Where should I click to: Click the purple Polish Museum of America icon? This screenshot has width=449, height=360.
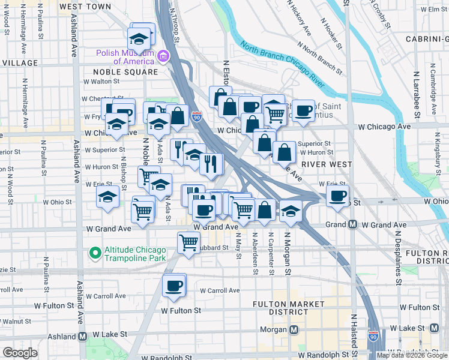click(x=163, y=56)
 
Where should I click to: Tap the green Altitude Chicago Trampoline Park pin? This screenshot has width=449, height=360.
click(x=94, y=253)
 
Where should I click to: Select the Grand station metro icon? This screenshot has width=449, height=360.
click(x=353, y=224)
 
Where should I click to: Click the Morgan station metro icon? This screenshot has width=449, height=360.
click(x=294, y=330)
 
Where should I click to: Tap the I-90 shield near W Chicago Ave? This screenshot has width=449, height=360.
click(x=197, y=116)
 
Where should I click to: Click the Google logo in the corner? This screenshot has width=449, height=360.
click(x=20, y=353)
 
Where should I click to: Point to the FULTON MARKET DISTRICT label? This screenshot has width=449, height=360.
click(x=280, y=308)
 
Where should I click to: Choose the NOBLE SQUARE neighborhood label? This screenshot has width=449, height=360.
click(x=125, y=71)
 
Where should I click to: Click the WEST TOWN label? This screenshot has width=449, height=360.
click(x=85, y=7)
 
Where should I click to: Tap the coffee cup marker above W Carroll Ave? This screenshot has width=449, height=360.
click(x=175, y=285)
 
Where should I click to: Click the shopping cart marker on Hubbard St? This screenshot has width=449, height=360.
click(x=188, y=242)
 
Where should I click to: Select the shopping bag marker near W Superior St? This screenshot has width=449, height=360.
click(x=284, y=151)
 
